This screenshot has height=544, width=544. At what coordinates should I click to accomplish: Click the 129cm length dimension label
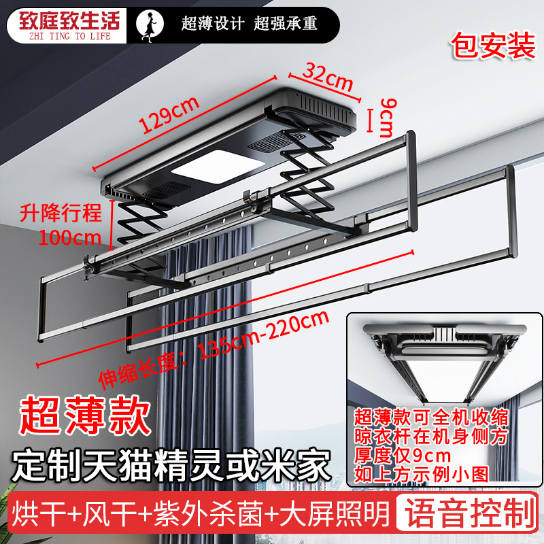tap(169, 115)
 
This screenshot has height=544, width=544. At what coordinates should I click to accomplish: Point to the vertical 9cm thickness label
tap(385, 116)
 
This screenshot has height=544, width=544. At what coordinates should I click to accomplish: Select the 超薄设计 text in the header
tap(213, 24)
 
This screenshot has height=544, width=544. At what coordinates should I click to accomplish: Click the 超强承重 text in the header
tap(286, 24)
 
